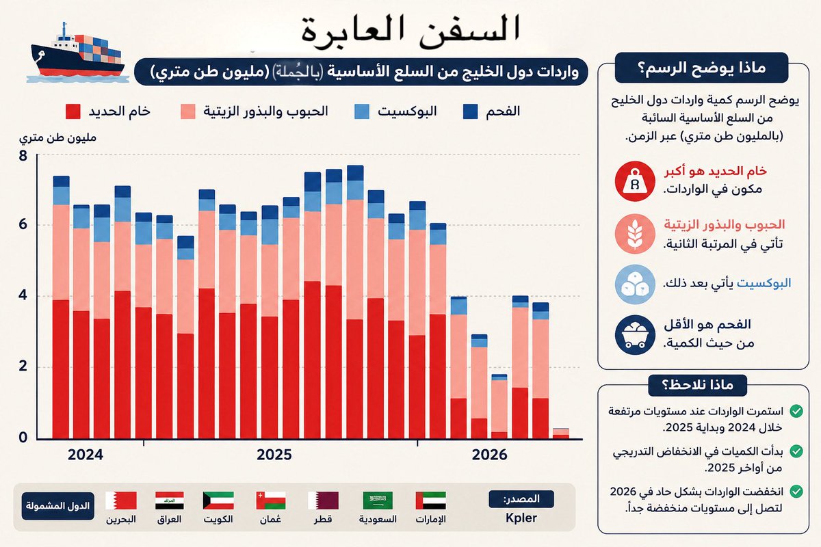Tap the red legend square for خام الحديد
pos(73,111)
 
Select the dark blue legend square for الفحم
pos(470,111)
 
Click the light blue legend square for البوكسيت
pos(362,111)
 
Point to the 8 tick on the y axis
pos(23,156)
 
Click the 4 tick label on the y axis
pos(23,295)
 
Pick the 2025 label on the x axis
pos(274,455)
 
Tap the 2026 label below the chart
pos(489,455)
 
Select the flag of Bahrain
pos(121,501)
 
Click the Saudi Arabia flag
pos(378,501)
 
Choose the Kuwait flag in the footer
pos(218,501)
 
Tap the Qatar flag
pos(323,501)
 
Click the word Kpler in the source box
pos(521,518)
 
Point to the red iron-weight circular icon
pos(635,181)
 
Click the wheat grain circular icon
pos(635,234)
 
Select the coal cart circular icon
pos(635,335)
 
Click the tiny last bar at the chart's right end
pos(561,433)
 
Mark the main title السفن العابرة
pos(410,31)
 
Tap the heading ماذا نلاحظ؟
pos(697,385)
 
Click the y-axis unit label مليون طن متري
pos(57,137)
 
